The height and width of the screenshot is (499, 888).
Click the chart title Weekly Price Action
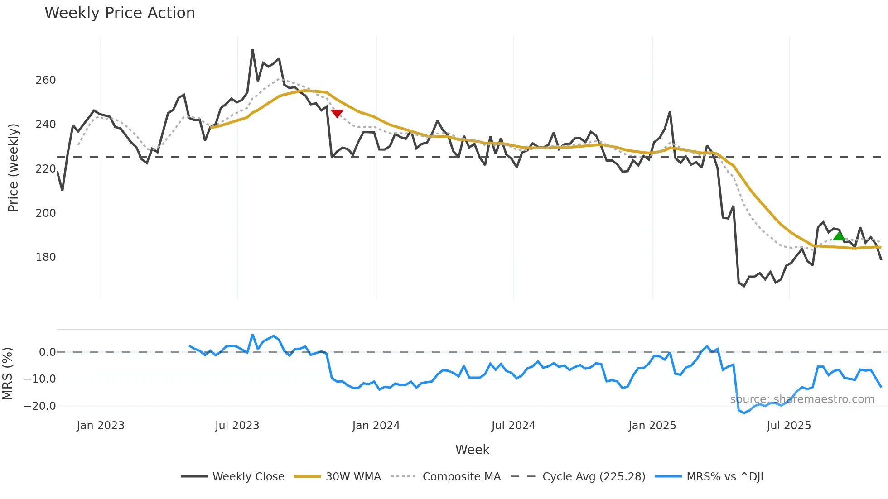[x=120, y=13]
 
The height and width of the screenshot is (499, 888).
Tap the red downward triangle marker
[x=337, y=113]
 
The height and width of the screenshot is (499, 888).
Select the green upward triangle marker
[x=839, y=235]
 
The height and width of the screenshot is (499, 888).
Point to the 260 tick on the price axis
[x=46, y=80]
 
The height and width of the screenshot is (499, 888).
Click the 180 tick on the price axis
[x=46, y=257]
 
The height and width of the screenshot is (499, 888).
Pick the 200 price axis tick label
[x=46, y=213]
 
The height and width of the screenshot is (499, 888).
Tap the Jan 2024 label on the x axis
[x=376, y=426]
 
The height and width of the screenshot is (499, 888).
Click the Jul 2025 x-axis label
[x=789, y=426]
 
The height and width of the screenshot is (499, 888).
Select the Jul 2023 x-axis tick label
[x=237, y=426]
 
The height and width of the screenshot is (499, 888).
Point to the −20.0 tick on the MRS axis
[x=40, y=406]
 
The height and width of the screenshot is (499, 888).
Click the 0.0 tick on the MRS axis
[x=47, y=352]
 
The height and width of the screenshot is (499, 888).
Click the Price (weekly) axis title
[x=13, y=168]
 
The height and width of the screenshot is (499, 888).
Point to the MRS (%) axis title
[x=7, y=374]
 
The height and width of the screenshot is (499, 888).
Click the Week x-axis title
[x=472, y=450]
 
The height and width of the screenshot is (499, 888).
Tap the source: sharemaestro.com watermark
[x=802, y=399]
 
